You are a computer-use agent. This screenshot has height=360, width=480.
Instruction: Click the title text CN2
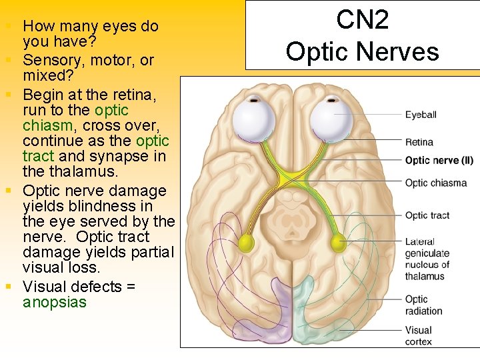(362, 20)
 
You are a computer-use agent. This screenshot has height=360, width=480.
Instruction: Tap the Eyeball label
(421, 115)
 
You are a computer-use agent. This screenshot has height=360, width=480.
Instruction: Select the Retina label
(419, 142)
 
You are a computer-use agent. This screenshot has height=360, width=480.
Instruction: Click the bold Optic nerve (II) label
(439, 160)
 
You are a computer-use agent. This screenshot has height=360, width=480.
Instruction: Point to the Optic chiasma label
(435, 183)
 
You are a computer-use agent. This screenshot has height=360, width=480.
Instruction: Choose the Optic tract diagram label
(427, 215)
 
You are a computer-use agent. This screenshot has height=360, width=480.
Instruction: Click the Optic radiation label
(423, 305)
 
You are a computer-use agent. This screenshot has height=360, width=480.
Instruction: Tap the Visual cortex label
(419, 335)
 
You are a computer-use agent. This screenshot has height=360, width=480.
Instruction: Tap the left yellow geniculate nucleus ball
(247, 242)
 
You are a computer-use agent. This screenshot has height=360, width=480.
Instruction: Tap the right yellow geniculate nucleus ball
(338, 242)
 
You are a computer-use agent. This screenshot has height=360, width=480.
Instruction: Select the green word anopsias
(55, 302)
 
